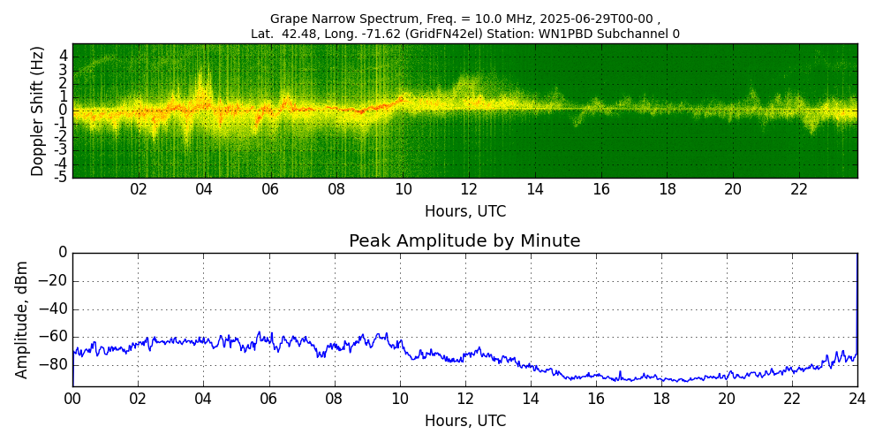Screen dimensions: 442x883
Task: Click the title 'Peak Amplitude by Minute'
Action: pyautogui.click(x=464, y=241)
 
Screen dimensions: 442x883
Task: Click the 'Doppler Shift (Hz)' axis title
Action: pyautogui.click(x=38, y=110)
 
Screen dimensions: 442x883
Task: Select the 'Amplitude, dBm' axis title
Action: pyautogui.click(x=23, y=319)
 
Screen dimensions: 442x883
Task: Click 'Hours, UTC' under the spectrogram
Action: pyautogui.click(x=464, y=212)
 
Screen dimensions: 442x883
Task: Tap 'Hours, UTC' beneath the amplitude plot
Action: pyautogui.click(x=464, y=421)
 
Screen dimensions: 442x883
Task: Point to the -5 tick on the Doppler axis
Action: pyautogui.click(x=62, y=177)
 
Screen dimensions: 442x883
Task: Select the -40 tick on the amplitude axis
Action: pyautogui.click(x=53, y=309)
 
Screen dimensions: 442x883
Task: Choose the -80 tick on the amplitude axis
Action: pyautogui.click(x=53, y=364)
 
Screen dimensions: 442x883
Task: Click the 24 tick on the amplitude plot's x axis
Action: pyautogui.click(x=857, y=399)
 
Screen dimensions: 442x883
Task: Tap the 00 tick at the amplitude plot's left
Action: pyautogui.click(x=72, y=399)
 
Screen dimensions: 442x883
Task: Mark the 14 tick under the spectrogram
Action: pyautogui.click(x=535, y=189)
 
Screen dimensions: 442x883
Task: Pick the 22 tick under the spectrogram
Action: pyautogui.click(x=799, y=189)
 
